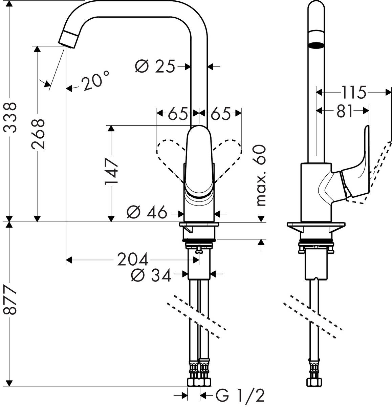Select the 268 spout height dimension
pyautogui.click(x=38, y=134)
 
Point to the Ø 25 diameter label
pyautogui.click(x=155, y=66)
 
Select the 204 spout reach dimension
pyautogui.click(x=133, y=260)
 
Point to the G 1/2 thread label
pyautogui.click(x=239, y=395)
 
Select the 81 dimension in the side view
pyautogui.click(x=345, y=111)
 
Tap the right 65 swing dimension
pyautogui.click(x=220, y=114)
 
